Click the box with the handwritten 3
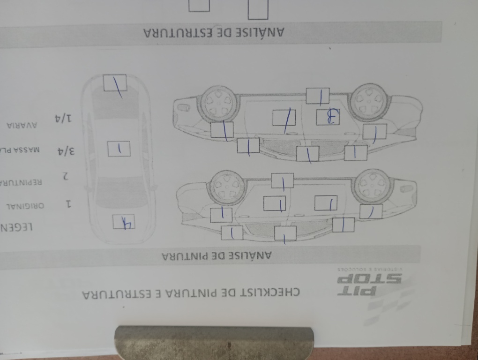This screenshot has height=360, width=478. pyautogui.click(x=328, y=117)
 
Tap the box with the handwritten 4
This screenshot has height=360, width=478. pyautogui.click(x=124, y=222)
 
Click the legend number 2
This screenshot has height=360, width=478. pyautogui.click(x=66, y=176)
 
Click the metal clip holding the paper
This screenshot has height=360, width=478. pyautogui.click(x=214, y=343)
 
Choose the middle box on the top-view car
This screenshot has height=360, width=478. pyautogui.click(x=119, y=149)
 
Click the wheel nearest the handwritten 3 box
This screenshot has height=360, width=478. pyautogui.click(x=369, y=101)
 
